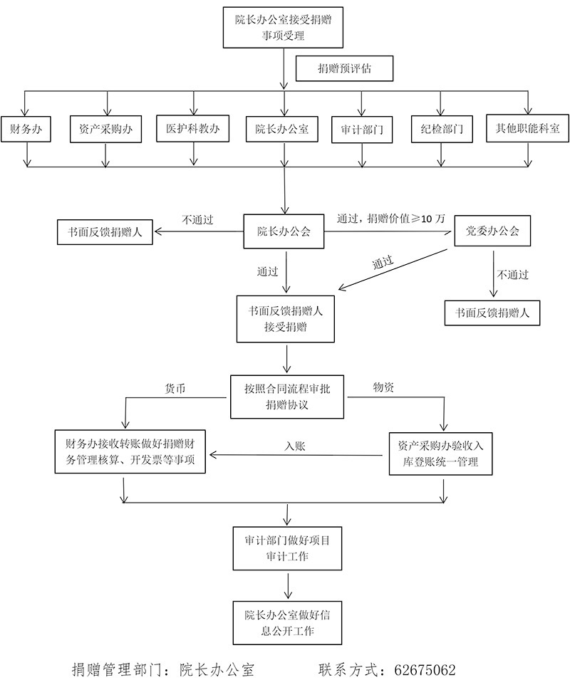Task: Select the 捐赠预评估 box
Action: coord(345,69)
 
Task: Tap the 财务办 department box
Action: coord(25,130)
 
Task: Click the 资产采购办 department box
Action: coord(105,130)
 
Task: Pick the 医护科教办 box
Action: coord(192,129)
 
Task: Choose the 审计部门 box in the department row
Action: coord(362,130)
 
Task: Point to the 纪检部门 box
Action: coord(442,130)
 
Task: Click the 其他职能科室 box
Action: coord(527,129)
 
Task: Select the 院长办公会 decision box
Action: coord(284,231)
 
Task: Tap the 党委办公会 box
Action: coord(492,231)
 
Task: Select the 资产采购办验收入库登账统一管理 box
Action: coord(441,454)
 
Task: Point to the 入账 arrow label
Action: coord(294,446)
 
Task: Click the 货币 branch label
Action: coord(175,388)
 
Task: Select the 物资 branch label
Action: coord(385,387)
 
